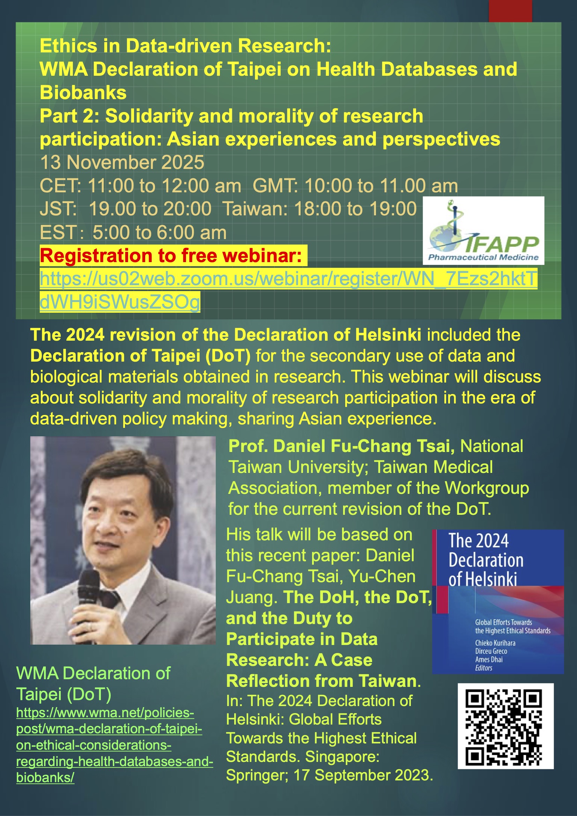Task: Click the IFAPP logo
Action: [x=483, y=230]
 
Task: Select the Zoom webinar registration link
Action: [x=288, y=290]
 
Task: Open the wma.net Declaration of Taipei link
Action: [x=114, y=745]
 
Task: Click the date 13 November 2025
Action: [x=122, y=162]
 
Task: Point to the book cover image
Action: [x=498, y=602]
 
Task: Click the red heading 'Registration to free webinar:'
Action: [x=171, y=255]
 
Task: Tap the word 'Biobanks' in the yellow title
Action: [x=83, y=92]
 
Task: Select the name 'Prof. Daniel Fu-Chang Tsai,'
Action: [x=341, y=446]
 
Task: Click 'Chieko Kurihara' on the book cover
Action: [x=495, y=643]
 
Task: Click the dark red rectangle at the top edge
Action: [x=510, y=11]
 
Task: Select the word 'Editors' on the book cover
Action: [x=483, y=668]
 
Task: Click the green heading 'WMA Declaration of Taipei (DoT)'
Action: [x=93, y=683]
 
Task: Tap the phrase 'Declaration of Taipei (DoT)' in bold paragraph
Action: [x=140, y=356]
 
